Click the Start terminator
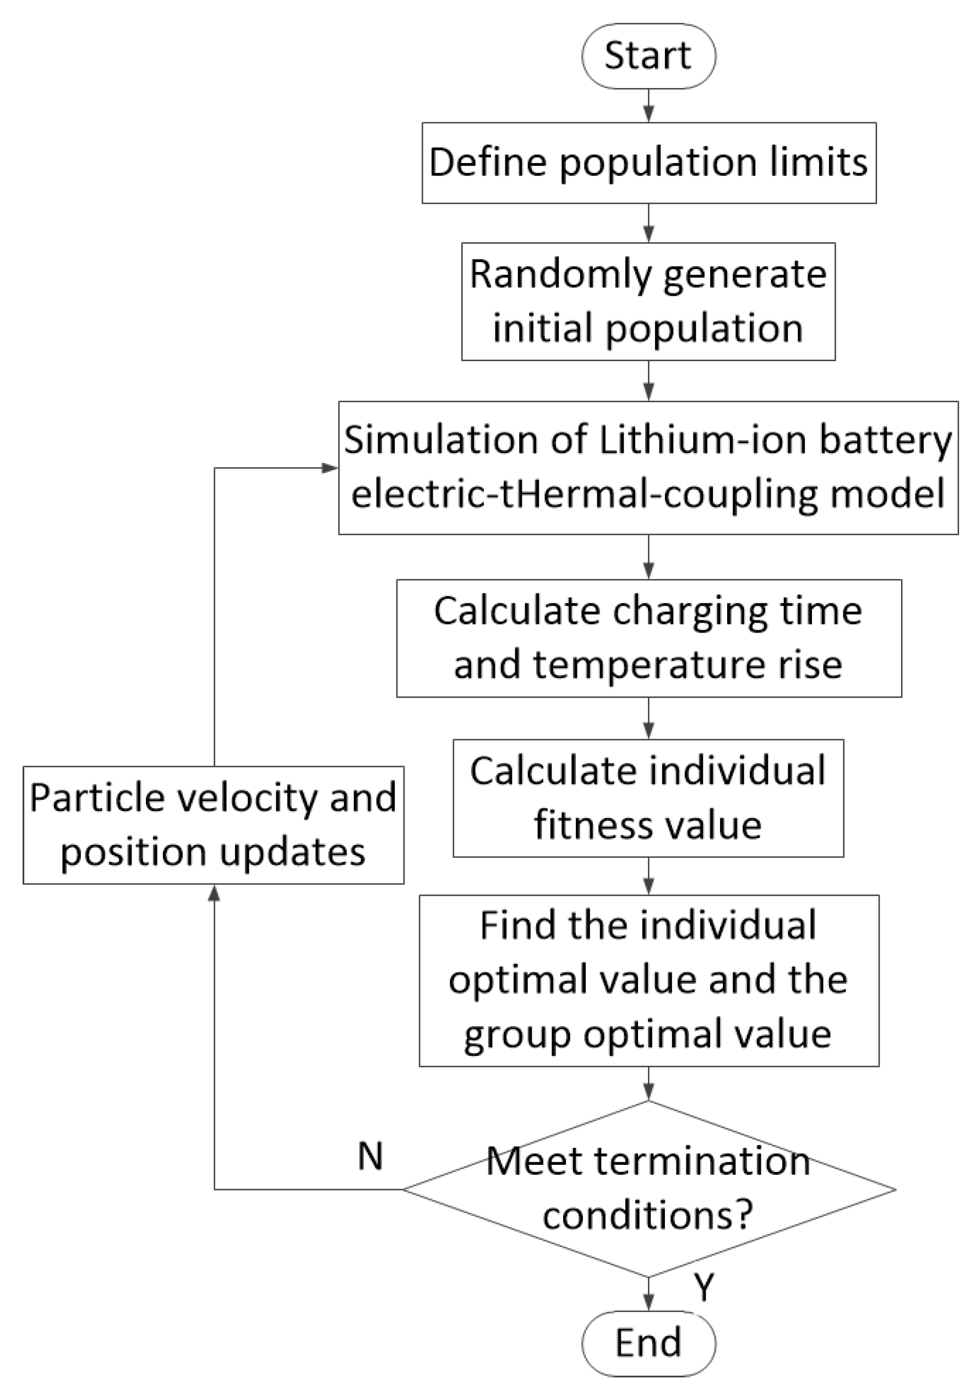[648, 56]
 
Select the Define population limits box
[648, 163]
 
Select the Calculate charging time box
[648, 637]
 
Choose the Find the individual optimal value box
[648, 980]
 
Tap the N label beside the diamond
[370, 1156]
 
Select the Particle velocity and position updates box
[213, 825]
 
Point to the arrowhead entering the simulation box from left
[330, 468]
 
